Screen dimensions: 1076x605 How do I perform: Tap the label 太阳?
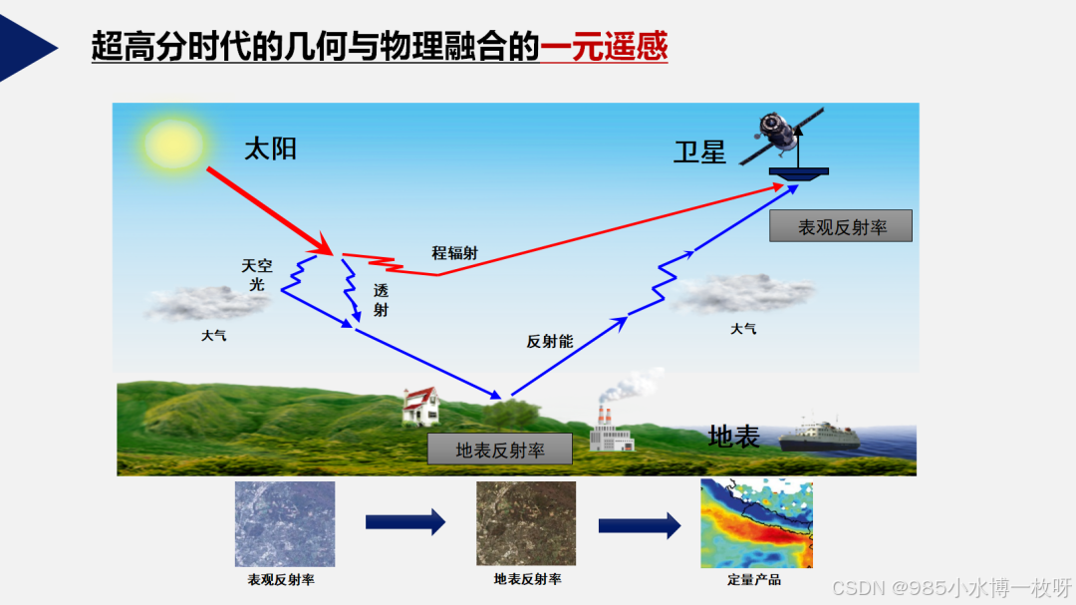coord(271,150)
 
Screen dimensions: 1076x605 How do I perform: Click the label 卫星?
coord(699,153)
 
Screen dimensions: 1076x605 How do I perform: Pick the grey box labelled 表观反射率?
coord(841,227)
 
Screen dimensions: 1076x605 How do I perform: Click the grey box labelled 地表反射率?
coord(500,450)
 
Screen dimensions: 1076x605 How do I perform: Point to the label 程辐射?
coord(454,253)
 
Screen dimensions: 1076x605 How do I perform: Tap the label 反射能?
coord(550,342)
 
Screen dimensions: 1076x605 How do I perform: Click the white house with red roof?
coord(421,405)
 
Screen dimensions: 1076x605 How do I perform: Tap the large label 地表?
coord(734,436)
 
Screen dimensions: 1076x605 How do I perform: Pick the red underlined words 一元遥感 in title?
coord(604,46)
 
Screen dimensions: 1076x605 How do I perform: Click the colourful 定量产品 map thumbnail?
coord(756,523)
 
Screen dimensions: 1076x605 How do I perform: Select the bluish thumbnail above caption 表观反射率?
coord(285,524)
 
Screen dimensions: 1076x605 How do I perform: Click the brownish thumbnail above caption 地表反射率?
coord(526,523)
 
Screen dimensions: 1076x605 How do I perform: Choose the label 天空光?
coord(257,274)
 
